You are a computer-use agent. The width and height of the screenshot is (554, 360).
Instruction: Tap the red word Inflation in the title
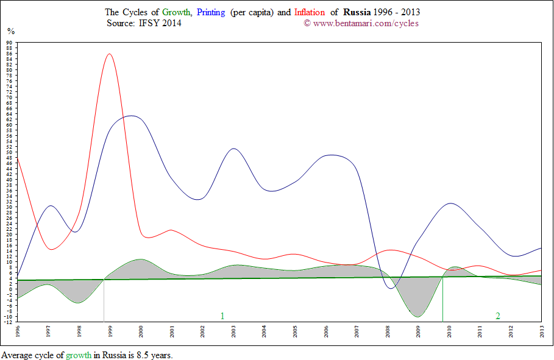pos(310,12)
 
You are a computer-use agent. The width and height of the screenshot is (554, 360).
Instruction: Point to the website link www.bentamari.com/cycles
pos(365,24)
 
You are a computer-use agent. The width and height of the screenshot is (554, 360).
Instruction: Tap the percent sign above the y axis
pos(11,31)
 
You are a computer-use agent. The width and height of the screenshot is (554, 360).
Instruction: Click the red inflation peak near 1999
pos(109,54)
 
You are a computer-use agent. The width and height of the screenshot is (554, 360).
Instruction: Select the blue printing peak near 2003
pos(233,149)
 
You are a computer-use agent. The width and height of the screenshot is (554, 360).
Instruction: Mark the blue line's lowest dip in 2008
pos(391,288)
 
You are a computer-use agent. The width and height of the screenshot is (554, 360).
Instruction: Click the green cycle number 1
pos(222,316)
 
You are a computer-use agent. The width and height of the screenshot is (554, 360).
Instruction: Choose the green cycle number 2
pos(498,316)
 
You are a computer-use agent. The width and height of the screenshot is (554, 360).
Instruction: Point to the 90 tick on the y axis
pos(10,43)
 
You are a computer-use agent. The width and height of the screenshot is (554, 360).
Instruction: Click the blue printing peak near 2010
pos(450,203)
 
